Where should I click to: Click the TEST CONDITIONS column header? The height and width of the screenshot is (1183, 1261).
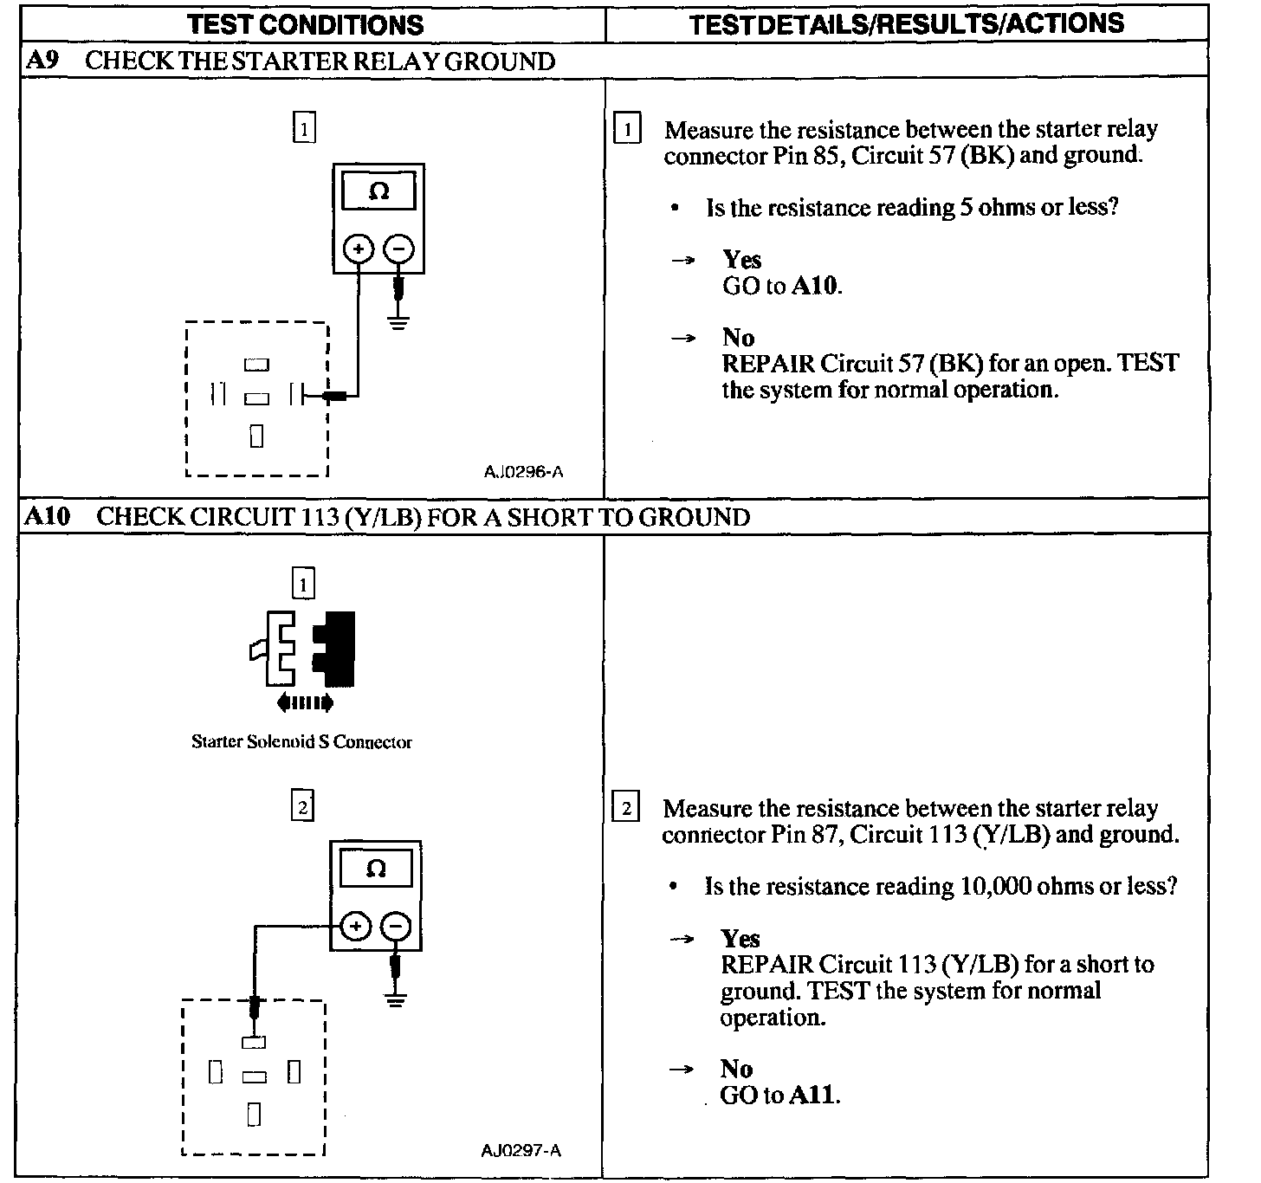pos(306,24)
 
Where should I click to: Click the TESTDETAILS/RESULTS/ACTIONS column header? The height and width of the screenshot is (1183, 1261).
pos(907,23)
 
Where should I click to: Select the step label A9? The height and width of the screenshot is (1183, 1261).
pos(42,61)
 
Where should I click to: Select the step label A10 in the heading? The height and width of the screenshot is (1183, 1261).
pos(46,516)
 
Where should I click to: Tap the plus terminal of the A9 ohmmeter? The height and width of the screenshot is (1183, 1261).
pos(359,249)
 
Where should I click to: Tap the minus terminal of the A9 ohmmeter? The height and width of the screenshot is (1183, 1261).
pos(398,249)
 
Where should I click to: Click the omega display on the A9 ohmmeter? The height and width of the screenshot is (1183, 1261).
pos(378,191)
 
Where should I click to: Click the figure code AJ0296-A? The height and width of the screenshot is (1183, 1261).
pos(523,472)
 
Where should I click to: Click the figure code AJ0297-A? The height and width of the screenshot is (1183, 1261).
pos(521,1150)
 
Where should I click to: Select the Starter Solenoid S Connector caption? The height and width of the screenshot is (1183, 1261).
pos(301,742)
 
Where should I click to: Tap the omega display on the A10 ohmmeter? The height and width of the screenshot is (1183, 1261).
pos(376,869)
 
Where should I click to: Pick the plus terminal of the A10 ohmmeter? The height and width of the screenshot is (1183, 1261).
pos(355,928)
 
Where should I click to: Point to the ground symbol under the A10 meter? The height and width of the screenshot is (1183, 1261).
pos(396,1001)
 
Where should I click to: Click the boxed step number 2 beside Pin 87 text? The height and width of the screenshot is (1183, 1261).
pos(625,809)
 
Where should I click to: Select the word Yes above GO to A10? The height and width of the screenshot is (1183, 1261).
pos(742,260)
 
